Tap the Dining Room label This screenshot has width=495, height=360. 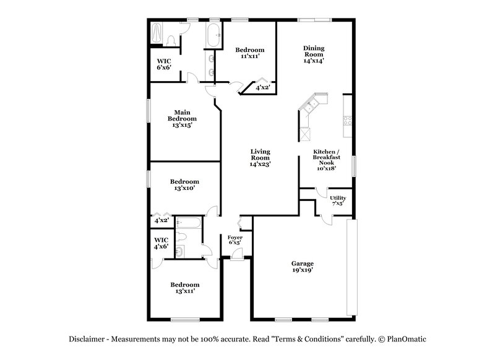(314, 54)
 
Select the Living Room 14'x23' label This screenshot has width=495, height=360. (260, 158)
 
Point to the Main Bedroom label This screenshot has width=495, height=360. (182, 118)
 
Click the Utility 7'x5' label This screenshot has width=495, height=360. (338, 200)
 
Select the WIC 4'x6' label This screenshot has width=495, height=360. (161, 243)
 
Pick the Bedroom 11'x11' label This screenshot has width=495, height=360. (250, 53)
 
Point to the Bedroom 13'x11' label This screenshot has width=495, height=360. (186, 288)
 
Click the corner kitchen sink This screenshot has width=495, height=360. (312, 103)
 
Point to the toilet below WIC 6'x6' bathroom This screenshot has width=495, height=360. (171, 40)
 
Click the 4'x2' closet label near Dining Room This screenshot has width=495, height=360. (263, 88)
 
